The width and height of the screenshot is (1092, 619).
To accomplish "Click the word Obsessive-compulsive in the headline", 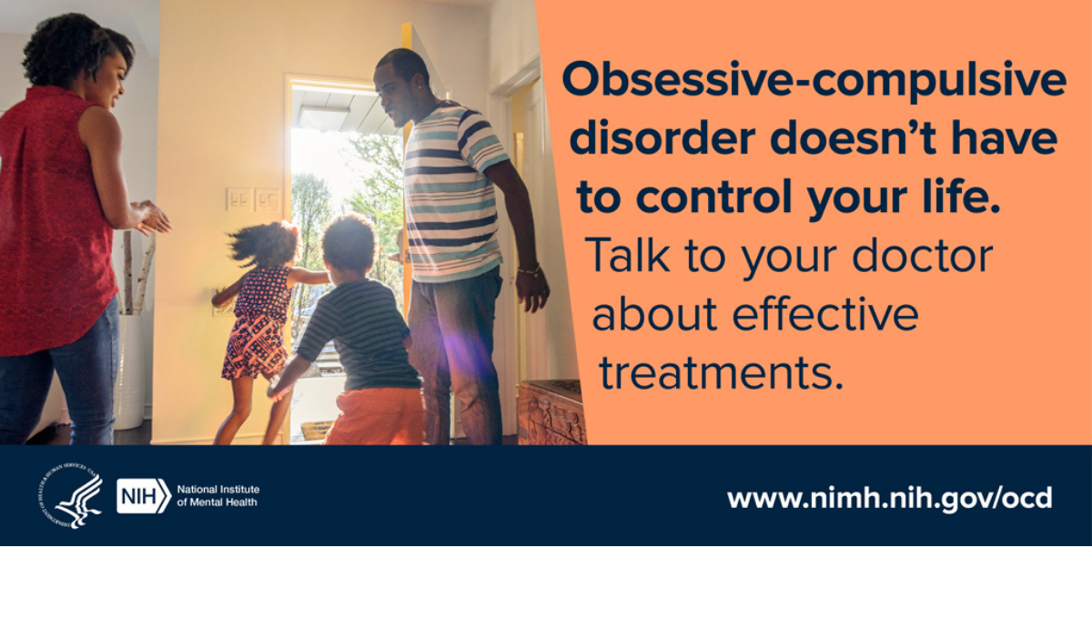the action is point(814,80).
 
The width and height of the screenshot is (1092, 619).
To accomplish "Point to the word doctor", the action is point(923,255).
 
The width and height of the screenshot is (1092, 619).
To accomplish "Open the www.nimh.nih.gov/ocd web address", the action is point(890,499).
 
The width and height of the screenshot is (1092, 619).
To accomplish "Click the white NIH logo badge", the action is point(144,495).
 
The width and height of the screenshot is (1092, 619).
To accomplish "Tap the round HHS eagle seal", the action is point(71,495).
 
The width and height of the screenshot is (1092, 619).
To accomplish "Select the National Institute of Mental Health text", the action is point(217,495).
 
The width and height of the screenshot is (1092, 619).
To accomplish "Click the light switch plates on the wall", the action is point(253,199).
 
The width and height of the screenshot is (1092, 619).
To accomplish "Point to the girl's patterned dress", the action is point(257,323).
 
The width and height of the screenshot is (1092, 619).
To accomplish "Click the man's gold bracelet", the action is point(529,269).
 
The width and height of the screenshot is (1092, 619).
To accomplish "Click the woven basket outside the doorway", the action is point(317,431).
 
